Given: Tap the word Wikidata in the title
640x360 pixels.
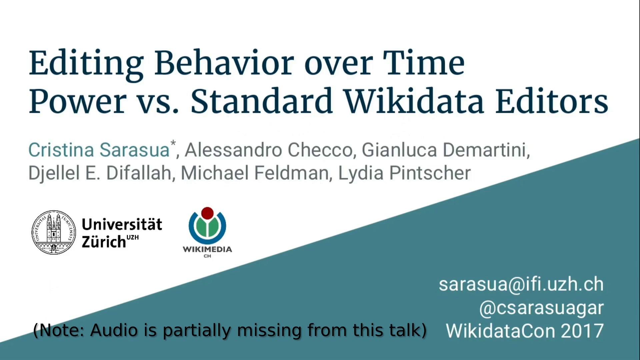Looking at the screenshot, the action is (x=414, y=101).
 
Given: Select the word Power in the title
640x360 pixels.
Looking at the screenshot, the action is (x=78, y=101).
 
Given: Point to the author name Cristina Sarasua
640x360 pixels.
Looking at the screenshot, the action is (x=99, y=150).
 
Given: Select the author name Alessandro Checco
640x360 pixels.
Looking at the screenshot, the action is (x=269, y=150).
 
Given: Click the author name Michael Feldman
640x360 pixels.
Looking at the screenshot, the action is (x=255, y=173).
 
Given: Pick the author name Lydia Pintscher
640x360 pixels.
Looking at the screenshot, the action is (x=404, y=173).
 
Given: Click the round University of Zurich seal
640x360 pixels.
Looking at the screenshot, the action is (x=54, y=232).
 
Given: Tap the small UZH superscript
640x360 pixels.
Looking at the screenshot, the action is (x=133, y=237).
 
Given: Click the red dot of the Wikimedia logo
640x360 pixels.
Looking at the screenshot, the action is (x=207, y=213).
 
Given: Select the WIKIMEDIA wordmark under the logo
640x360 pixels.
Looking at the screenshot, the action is (x=207, y=249).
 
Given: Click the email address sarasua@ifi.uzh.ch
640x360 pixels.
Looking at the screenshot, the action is (x=521, y=284).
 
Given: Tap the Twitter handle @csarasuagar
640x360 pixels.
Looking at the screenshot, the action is (x=541, y=308).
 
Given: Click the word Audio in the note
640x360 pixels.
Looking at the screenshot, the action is (x=114, y=330).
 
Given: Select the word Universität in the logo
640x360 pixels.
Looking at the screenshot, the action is (x=122, y=224).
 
